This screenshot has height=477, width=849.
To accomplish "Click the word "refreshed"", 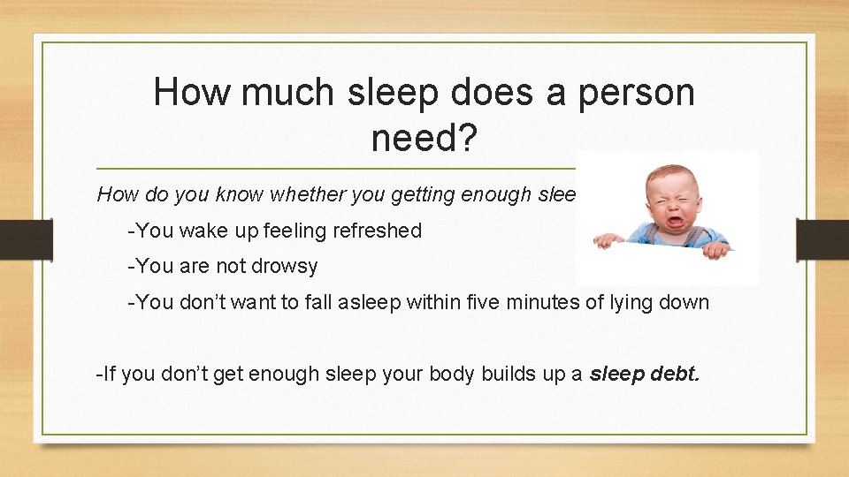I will click(377, 231).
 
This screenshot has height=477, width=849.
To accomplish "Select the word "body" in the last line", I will click(451, 374).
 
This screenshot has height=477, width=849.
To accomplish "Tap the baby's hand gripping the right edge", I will click(717, 249).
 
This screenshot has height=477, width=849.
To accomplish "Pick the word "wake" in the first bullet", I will click(205, 231).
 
